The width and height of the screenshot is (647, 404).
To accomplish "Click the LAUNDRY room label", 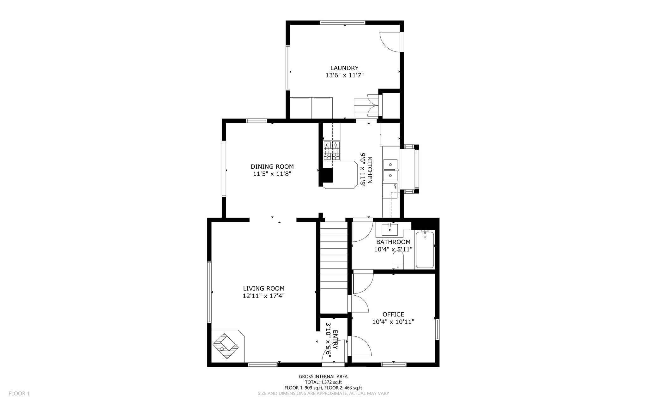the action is pyautogui.click(x=344, y=68).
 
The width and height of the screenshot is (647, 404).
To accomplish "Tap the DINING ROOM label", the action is pyautogui.click(x=272, y=166).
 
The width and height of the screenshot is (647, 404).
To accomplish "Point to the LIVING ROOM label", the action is pyautogui.click(x=264, y=288).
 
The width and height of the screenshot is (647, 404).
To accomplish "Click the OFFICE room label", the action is pyautogui.click(x=393, y=314).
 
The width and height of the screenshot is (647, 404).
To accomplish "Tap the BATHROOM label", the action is pyautogui.click(x=393, y=242).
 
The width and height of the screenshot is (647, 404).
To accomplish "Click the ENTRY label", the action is pyautogui.click(x=335, y=340).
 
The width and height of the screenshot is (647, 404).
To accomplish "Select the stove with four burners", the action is pyautogui.click(x=331, y=151).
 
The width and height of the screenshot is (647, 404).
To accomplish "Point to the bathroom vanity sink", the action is pyautogui.click(x=390, y=230).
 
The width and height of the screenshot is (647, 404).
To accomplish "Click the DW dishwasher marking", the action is pyautogui.click(x=395, y=186).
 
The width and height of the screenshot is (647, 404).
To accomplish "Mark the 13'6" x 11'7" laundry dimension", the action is pyautogui.click(x=344, y=75).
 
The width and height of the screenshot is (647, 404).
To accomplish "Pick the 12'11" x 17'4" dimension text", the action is pyautogui.click(x=264, y=296).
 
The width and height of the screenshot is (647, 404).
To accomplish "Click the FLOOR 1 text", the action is pyautogui.click(x=19, y=394).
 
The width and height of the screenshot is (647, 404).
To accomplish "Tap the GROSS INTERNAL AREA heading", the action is pyautogui.click(x=323, y=377).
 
